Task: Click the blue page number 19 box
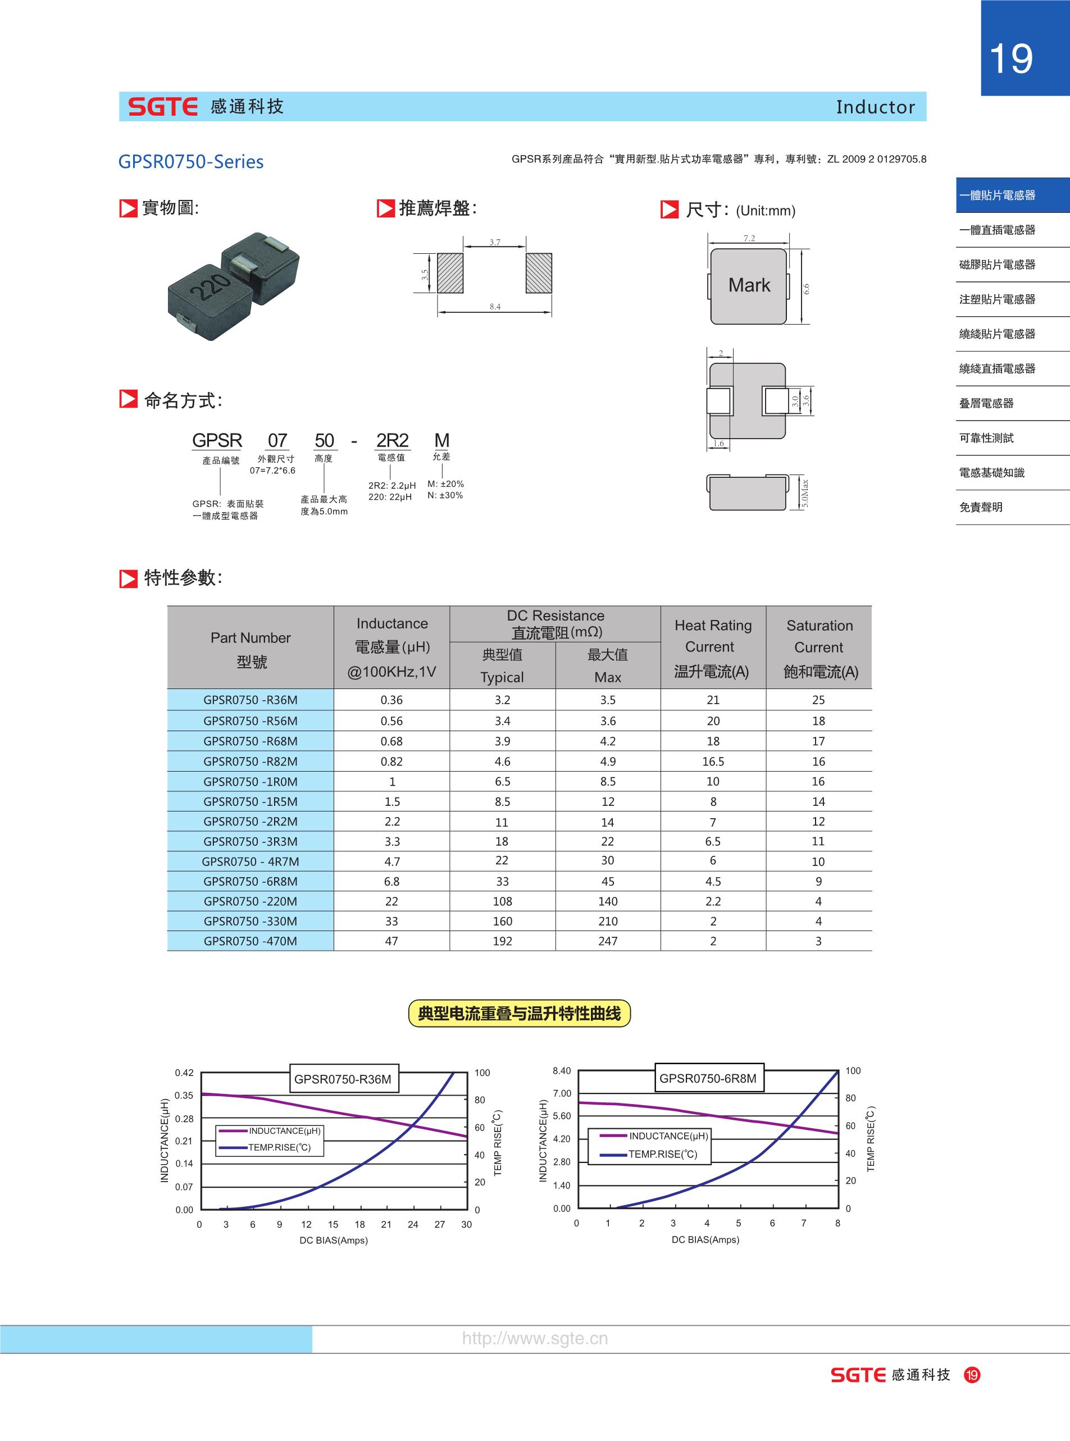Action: point(1025,48)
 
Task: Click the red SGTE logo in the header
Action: point(162,107)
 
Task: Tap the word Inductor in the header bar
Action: point(876,107)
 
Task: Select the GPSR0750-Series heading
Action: point(191,161)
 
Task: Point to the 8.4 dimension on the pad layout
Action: point(495,306)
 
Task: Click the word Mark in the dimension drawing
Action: point(749,285)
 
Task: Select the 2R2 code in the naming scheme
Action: point(393,440)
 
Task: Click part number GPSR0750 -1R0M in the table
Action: point(251,782)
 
